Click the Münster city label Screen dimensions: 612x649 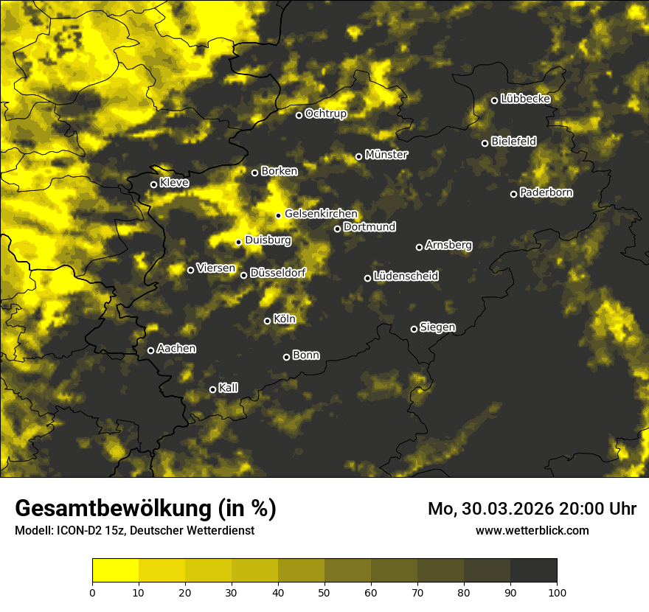coord(386,155)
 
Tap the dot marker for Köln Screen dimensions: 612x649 coord(267,321)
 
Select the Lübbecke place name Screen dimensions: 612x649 coord(525,99)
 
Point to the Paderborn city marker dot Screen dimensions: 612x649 coord(514,194)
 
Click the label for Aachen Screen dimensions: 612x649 coord(176,348)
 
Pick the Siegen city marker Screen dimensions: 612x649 coord(414,329)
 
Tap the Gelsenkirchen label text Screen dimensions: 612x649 coord(321,214)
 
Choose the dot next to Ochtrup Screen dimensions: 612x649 coord(299,115)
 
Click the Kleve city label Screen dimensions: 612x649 coord(174,182)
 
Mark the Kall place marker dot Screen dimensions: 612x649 coord(212,389)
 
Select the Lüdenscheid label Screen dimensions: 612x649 coord(406,276)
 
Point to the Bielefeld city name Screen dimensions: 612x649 coord(513,141)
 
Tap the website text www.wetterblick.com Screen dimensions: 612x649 coord(532,530)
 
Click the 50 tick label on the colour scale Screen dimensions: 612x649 coord(324,591)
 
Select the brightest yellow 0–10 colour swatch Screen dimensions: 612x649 coord(116,571)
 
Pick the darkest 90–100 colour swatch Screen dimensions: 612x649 coord(533,571)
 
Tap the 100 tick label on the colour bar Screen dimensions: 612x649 coord(557,591)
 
